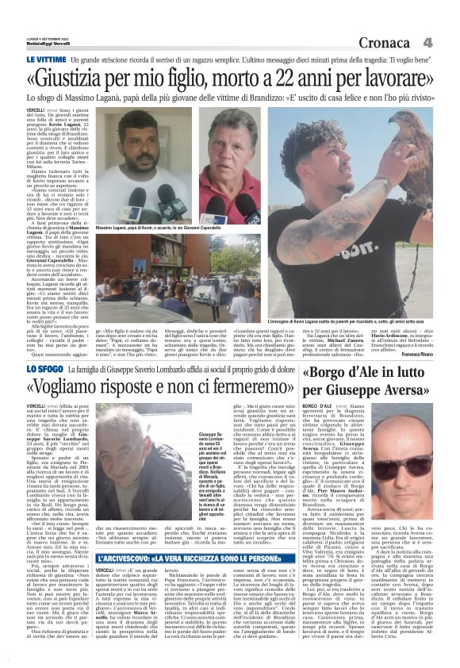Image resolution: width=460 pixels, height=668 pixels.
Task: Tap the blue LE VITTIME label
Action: [45, 60]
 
